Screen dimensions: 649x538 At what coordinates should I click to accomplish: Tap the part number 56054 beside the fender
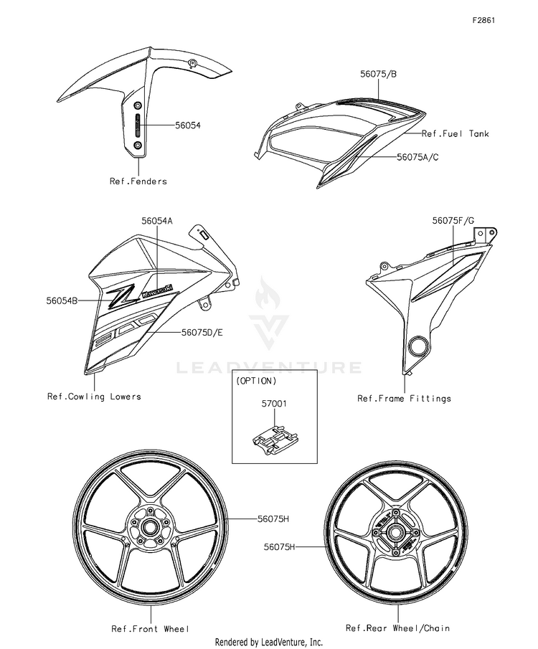(188, 125)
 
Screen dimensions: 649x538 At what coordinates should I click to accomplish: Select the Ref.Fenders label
(138, 181)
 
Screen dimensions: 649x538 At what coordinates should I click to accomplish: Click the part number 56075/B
(379, 73)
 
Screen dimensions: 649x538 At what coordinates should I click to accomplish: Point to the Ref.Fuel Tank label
(456, 133)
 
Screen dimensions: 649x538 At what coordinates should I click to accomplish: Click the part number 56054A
(157, 222)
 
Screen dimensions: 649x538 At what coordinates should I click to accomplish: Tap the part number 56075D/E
(202, 333)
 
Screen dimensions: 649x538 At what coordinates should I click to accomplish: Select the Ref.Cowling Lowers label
(94, 397)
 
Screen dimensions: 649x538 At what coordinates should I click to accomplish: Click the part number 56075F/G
(453, 222)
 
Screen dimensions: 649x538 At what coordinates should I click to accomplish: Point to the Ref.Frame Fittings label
(404, 399)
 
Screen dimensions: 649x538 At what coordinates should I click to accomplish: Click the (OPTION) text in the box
(255, 382)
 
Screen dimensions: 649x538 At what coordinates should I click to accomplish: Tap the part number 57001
(273, 404)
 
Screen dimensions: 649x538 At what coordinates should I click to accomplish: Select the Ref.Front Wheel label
(150, 629)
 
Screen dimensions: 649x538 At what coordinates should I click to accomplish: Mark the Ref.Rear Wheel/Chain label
(397, 628)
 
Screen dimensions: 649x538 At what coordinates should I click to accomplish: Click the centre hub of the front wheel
(151, 529)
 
